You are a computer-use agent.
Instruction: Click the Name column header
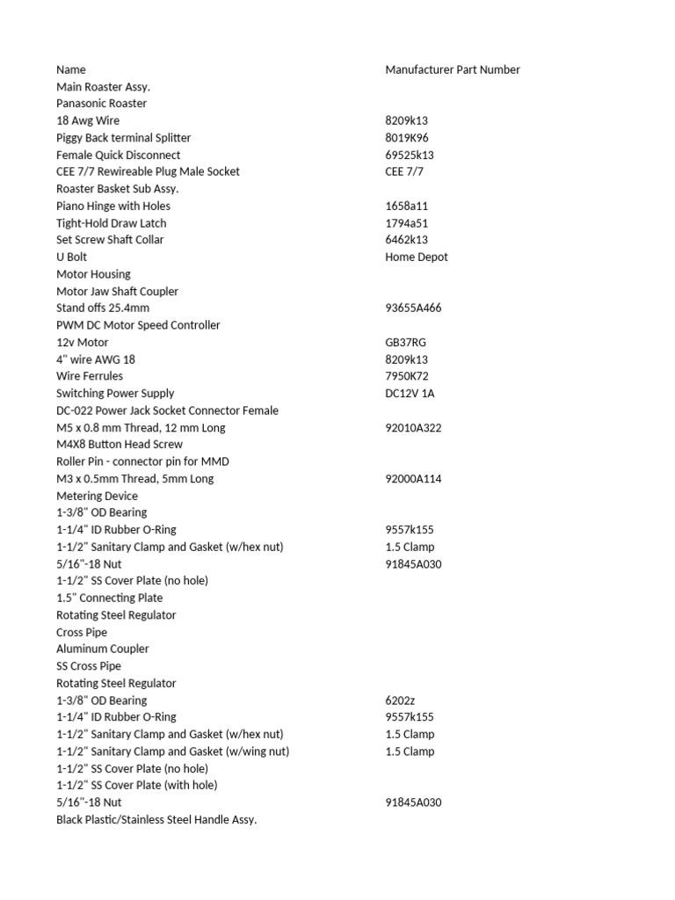coord(71,69)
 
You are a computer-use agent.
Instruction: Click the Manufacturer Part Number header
coord(452,69)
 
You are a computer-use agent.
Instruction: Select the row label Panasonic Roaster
coord(101,104)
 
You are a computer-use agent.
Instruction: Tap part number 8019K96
coord(407,138)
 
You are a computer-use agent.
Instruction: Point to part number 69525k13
coord(410,155)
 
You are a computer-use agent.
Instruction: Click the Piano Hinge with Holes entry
coord(113,206)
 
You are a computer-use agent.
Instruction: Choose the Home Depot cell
coord(416,258)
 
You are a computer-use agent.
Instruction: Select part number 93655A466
coord(413,308)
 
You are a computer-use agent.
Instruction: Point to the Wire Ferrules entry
coord(90,376)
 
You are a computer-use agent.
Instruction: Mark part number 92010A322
coord(413,427)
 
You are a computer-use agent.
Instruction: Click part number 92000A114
coord(413,479)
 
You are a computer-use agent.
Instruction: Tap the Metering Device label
coord(97,496)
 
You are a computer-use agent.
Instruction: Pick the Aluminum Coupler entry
coord(102,649)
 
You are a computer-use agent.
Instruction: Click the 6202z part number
coord(400,700)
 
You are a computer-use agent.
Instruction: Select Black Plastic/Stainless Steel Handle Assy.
coord(156,819)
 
